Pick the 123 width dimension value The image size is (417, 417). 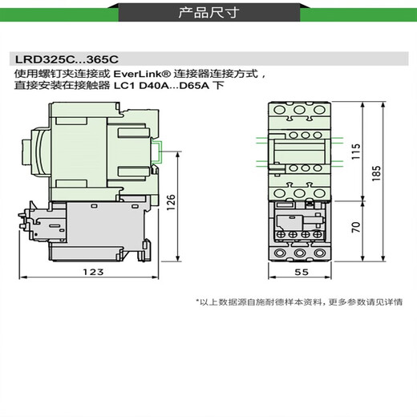pos(94,273)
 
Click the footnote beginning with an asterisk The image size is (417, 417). pos(299,302)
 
